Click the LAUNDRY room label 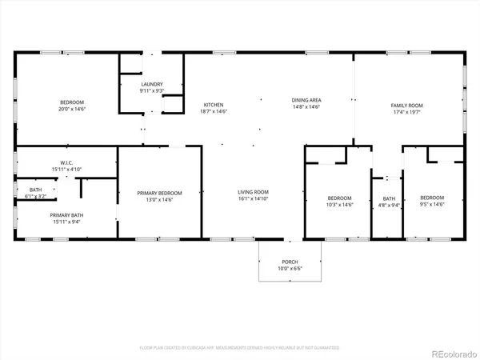point(152,84)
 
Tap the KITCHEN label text point(213,105)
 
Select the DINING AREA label point(306,100)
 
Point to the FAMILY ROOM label point(406,106)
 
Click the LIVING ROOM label point(253,192)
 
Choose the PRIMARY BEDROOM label point(159,193)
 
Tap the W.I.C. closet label point(44,163)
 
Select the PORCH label point(289,262)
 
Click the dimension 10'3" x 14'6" point(339,204)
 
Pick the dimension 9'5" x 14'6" point(432,204)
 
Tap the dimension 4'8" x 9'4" point(389,204)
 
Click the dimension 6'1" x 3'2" point(37,195)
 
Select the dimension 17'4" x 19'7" point(406,112)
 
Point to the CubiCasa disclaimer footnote point(240,348)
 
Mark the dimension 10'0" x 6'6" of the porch point(289,269)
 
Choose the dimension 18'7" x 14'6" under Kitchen point(213,111)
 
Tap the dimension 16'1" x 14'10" point(253,198)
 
